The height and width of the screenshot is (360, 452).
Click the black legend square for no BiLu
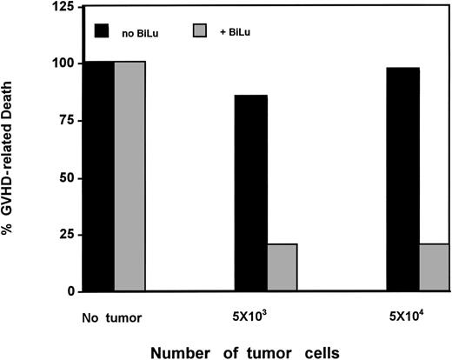click(103, 30)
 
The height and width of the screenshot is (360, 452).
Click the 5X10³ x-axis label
click(261, 313)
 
